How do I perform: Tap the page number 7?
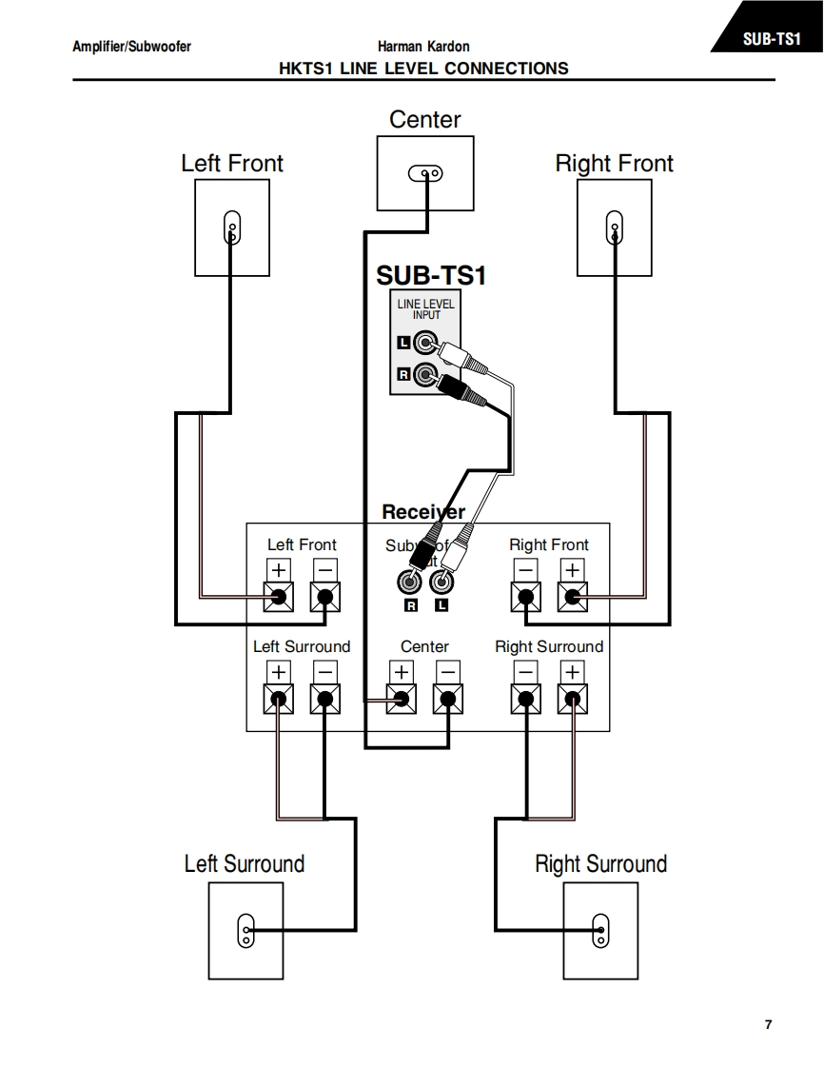[768, 1024]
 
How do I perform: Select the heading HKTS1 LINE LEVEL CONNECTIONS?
[423, 69]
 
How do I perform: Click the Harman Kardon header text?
[423, 47]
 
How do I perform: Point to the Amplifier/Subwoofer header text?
[131, 47]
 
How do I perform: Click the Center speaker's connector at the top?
[425, 173]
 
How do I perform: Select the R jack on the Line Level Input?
[424, 375]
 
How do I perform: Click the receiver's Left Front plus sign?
[278, 569]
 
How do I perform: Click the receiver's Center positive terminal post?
[401, 701]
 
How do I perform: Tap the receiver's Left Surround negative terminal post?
[325, 701]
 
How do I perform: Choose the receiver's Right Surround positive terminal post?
[572, 701]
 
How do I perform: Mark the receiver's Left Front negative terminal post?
[325, 598]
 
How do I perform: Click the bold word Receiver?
[423, 512]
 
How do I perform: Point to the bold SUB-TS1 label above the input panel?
[431, 275]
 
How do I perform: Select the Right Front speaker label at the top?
[614, 164]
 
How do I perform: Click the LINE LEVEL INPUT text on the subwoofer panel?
[426, 308]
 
